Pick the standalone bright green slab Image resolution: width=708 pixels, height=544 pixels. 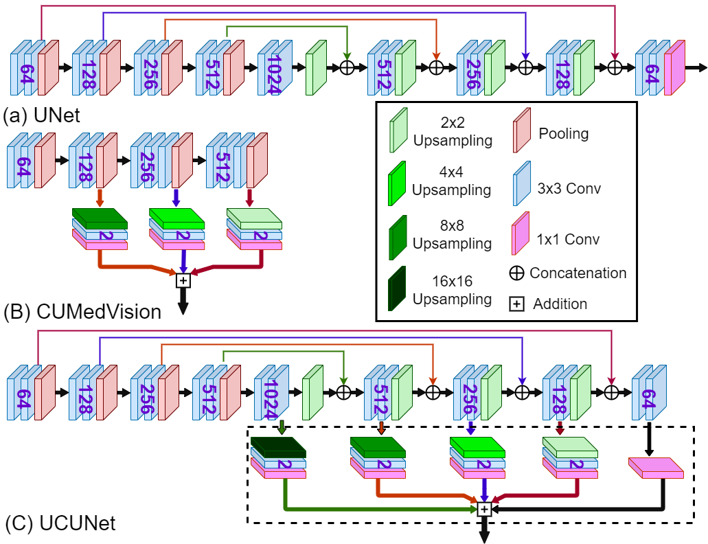point(397,184)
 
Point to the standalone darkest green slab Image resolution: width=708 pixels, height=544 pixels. point(396,289)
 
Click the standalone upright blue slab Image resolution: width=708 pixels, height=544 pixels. point(522,184)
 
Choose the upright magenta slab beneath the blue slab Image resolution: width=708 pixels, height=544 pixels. point(520,234)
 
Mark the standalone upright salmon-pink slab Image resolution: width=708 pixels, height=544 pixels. point(522,131)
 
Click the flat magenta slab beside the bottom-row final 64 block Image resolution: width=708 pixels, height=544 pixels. point(656,468)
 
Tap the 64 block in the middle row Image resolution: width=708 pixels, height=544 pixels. point(30,161)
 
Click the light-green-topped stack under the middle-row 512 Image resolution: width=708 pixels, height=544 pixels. point(254,229)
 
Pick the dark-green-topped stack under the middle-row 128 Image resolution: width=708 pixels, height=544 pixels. point(100,229)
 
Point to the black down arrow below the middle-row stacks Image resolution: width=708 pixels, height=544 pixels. point(183,301)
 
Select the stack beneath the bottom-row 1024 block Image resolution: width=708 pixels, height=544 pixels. point(278,458)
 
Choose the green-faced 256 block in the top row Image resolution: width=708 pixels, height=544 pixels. point(480,69)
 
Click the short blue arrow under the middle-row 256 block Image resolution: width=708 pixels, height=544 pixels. point(176,198)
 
